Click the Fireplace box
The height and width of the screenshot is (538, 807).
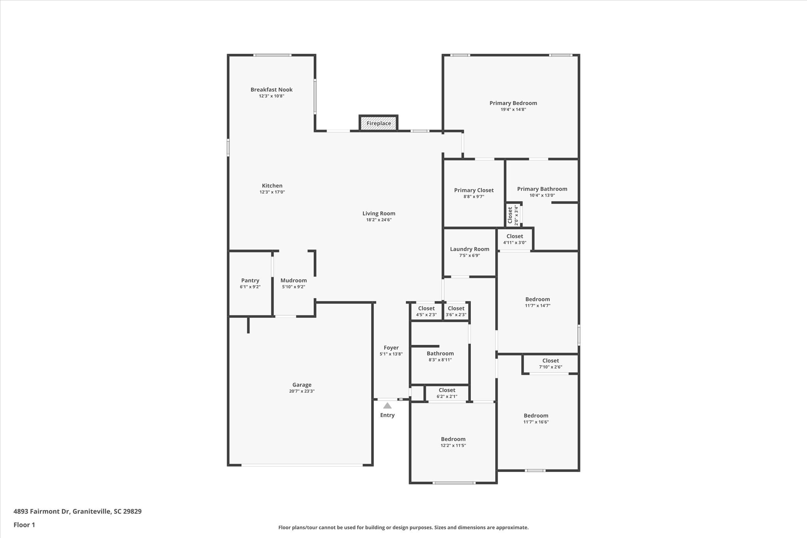click(378, 123)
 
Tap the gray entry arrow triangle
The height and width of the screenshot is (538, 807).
click(387, 406)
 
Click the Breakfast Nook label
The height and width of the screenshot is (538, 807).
click(271, 90)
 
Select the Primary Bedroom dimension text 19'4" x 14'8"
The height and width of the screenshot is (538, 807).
click(513, 110)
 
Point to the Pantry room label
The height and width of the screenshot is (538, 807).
click(250, 281)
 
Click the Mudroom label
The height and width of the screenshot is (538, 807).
click(294, 281)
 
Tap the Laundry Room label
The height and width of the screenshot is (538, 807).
click(469, 249)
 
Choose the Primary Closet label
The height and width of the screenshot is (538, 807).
click(474, 190)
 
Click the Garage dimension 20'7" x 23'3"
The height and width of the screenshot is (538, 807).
click(301, 391)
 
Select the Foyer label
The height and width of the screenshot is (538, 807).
click(391, 348)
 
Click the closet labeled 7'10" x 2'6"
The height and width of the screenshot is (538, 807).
click(550, 363)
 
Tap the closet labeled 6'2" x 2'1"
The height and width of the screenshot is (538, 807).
click(447, 393)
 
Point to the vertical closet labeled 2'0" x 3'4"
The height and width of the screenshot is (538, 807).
click(513, 215)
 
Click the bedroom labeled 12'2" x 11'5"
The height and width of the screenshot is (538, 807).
click(453, 442)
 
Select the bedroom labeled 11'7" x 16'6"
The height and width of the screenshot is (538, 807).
click(536, 419)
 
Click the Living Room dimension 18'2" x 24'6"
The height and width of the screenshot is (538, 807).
click(379, 220)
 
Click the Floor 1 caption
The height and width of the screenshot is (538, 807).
click(24, 525)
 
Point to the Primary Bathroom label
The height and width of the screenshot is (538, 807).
click(542, 189)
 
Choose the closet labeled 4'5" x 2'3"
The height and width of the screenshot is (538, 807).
click(426, 311)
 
